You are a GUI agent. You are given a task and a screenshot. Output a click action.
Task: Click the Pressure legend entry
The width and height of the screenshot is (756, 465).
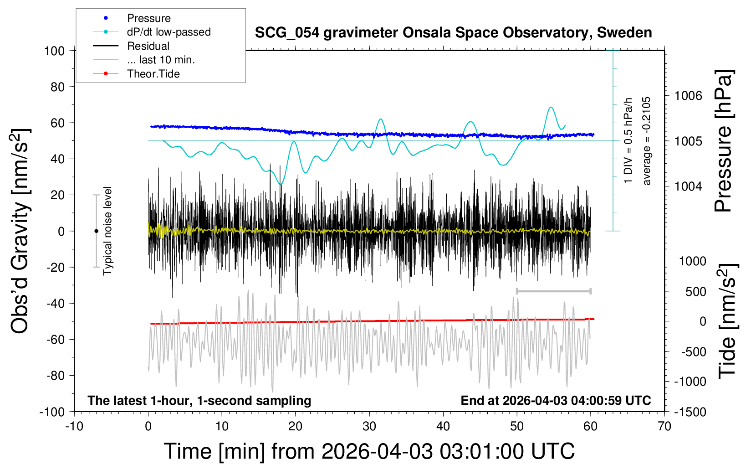[148, 18]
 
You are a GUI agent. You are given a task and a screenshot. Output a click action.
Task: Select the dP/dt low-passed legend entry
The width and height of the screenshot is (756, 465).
[169, 32]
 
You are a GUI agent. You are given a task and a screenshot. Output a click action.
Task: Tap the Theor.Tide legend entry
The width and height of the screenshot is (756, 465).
[153, 74]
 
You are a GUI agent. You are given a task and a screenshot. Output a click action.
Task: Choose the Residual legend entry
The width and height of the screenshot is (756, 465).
[148, 46]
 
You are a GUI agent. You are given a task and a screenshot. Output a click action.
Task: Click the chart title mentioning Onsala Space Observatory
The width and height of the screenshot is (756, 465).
[453, 33]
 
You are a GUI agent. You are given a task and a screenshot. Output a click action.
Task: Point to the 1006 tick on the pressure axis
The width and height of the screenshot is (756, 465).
[688, 96]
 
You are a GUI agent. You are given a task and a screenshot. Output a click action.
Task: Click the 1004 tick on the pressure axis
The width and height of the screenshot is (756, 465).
[688, 186]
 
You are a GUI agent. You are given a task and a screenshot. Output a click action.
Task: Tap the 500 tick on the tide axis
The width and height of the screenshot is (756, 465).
[695, 292]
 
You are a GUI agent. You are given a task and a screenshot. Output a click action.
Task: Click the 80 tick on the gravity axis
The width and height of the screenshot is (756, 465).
[57, 87]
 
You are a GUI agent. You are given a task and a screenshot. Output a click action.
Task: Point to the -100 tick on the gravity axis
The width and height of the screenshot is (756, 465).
[52, 412]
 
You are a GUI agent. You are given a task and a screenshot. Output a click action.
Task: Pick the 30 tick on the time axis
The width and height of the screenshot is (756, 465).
[369, 427]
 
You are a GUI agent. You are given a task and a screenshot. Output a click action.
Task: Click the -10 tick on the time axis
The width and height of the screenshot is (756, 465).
[74, 427]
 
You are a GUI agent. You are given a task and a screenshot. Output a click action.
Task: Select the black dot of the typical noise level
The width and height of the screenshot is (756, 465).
[96, 231]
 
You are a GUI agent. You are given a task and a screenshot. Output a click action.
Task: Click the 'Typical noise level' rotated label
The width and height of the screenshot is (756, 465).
[107, 231]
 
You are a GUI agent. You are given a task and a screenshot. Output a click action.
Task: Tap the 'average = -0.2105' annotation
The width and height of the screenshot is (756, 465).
[647, 141]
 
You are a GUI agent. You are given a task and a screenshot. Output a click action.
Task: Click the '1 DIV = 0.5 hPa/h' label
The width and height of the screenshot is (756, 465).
[628, 140]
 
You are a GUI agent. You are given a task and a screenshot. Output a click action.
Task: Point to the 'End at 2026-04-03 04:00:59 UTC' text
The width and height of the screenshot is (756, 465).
[556, 401]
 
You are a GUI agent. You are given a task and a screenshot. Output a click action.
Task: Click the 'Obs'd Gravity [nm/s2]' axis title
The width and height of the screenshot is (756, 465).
[20, 231]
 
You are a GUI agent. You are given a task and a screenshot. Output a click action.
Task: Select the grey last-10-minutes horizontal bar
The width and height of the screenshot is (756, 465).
[553, 291]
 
